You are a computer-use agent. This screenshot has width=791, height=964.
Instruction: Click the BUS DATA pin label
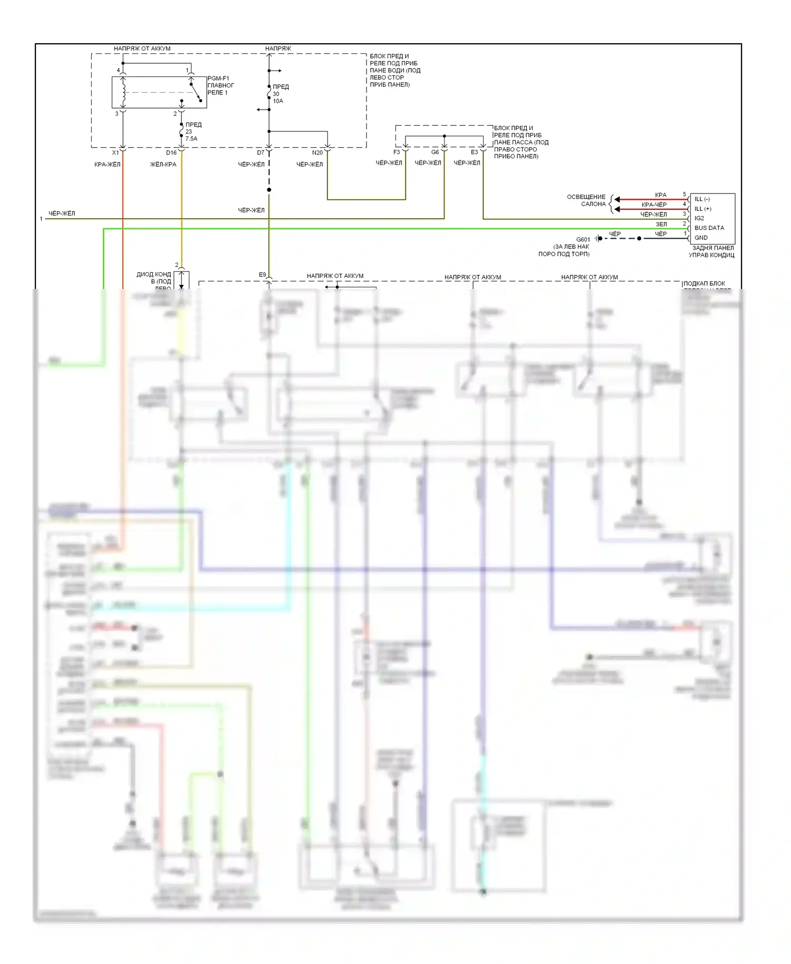pyautogui.click(x=709, y=228)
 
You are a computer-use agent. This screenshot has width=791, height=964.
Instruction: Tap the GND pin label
pyautogui.click(x=701, y=238)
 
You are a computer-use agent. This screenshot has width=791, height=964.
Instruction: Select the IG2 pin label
pyautogui.click(x=699, y=218)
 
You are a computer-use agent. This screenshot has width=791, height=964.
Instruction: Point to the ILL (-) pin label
pyautogui.click(x=702, y=199)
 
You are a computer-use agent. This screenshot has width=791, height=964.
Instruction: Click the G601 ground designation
pyautogui.click(x=583, y=239)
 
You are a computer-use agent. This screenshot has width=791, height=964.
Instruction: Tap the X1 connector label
pyautogui.click(x=115, y=152)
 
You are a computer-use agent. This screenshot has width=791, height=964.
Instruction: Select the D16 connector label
pyautogui.click(x=171, y=152)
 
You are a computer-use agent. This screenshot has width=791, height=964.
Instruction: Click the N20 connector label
pyautogui.click(x=317, y=152)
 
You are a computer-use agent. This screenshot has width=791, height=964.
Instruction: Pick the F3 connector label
pyautogui.click(x=397, y=152)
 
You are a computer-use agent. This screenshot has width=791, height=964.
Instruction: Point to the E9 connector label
pyautogui.click(x=262, y=275)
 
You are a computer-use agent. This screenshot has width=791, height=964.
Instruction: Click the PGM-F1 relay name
pyautogui.click(x=218, y=79)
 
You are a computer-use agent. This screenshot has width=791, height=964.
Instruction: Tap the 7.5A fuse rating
pyautogui.click(x=191, y=139)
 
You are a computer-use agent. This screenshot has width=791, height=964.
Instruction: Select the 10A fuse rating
pyautogui.click(x=278, y=101)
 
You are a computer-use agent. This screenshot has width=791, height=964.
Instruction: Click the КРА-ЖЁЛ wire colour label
pyautogui.click(x=107, y=165)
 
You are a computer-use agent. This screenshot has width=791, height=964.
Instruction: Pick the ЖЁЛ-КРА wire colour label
pyautogui.click(x=163, y=165)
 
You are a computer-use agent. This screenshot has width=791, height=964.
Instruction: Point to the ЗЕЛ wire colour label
pyautogui.click(x=661, y=224)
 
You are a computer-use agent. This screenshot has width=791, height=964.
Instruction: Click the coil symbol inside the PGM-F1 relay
pyautogui.click(x=123, y=92)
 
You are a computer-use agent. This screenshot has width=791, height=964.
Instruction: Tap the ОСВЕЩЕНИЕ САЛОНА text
pyautogui.click(x=586, y=200)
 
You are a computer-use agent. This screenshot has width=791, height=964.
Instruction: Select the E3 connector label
pyautogui.click(x=474, y=152)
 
